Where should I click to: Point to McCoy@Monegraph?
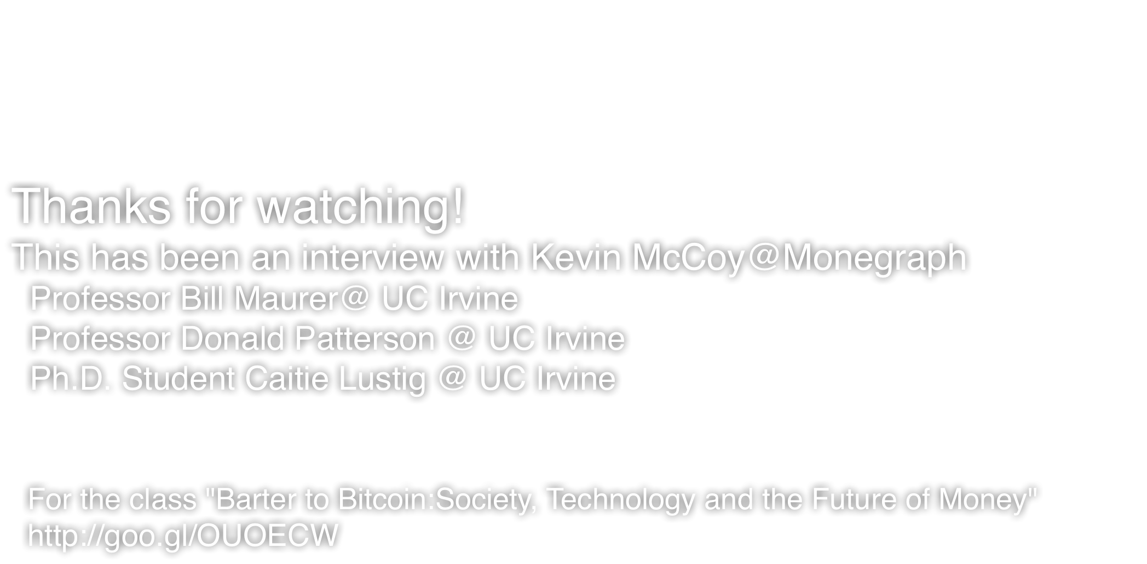[x=799, y=258]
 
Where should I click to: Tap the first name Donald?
[x=233, y=338]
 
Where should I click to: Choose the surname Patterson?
[x=365, y=338]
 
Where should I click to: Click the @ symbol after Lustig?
[x=452, y=378]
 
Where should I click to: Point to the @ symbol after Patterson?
[x=462, y=338]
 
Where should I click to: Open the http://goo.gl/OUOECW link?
[x=183, y=535]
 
